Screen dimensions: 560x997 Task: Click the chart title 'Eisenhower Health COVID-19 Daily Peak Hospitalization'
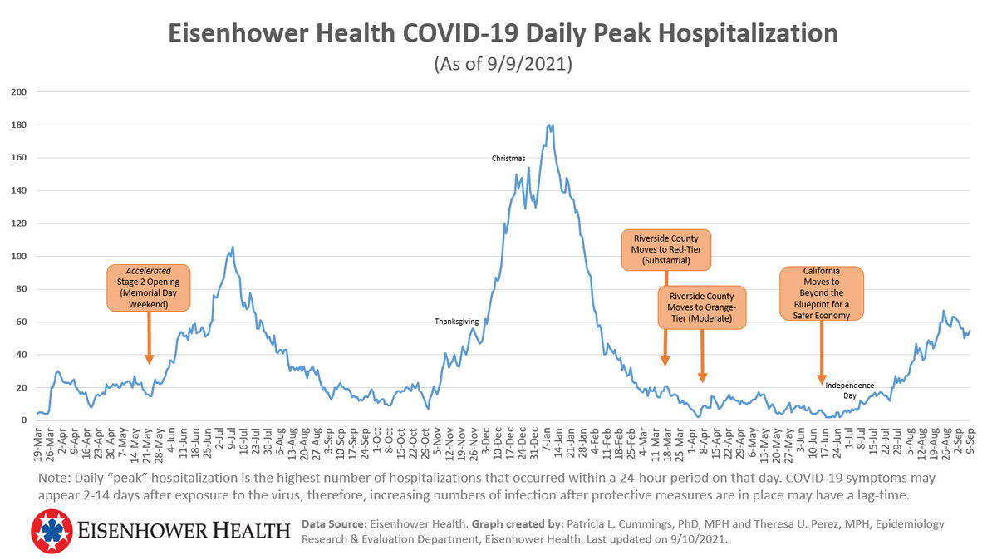tap(503, 33)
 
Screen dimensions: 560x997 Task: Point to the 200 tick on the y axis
tap(19, 91)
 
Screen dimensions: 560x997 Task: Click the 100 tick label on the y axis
tap(19, 256)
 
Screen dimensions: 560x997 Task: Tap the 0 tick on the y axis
tap(24, 420)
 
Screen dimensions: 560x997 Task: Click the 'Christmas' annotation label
tap(508, 158)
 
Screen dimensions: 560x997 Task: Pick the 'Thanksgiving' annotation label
tap(456, 321)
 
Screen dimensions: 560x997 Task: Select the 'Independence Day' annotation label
tap(850, 391)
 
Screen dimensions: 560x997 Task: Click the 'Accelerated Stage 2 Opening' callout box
tap(149, 287)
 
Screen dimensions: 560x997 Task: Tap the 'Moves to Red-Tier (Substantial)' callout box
tap(666, 250)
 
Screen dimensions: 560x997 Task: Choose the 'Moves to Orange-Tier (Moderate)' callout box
tap(702, 307)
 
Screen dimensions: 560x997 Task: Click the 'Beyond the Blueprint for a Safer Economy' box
tap(822, 293)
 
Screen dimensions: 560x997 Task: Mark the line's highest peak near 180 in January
tap(550, 125)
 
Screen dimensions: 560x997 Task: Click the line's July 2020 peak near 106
tap(233, 247)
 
